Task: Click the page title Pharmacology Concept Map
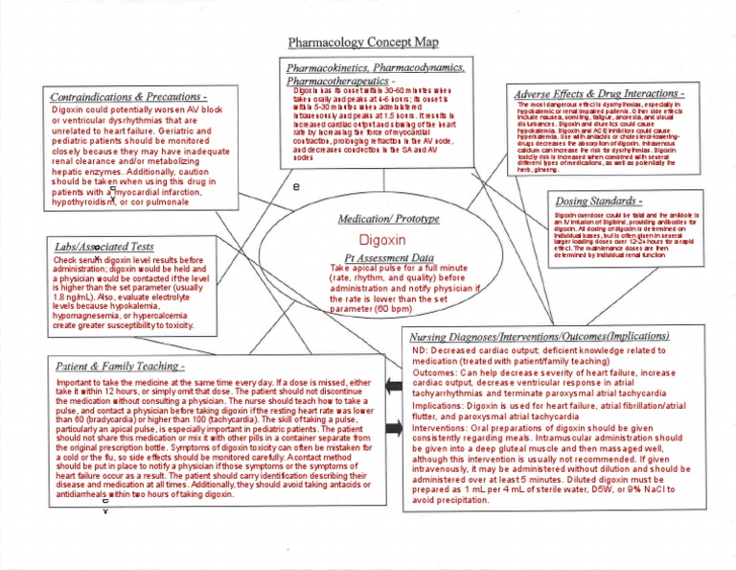(367, 43)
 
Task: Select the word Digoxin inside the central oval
(379, 239)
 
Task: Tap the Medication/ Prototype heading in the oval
(379, 219)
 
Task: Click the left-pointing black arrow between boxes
(393, 386)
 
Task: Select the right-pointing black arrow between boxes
(393, 425)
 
